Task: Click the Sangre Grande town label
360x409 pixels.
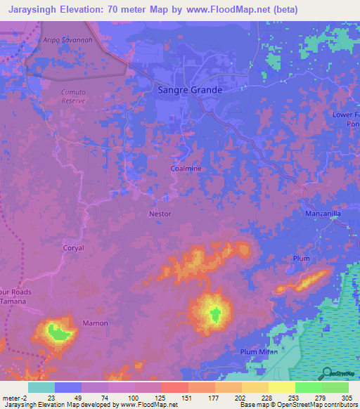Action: pos(188,90)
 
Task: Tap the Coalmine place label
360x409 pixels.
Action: pos(186,169)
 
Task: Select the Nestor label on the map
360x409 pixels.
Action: pos(160,214)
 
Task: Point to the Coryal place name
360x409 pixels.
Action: pos(73,248)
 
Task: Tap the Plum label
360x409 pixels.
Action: pos(301,259)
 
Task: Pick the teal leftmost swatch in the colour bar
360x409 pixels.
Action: pos(41,387)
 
